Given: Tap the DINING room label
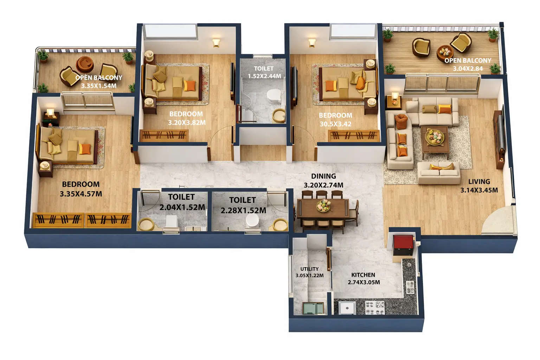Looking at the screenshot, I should click(x=323, y=176).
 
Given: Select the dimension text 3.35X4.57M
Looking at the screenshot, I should click(x=81, y=194).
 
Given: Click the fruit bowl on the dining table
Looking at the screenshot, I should click(x=323, y=205).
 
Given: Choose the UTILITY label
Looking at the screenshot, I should click(x=309, y=269).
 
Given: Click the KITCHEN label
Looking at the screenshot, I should click(x=363, y=275).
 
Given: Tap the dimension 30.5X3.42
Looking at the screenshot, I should click(x=335, y=124).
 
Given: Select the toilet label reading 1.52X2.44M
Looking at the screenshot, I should click(x=264, y=76).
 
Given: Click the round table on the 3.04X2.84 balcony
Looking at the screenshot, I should click(x=445, y=52).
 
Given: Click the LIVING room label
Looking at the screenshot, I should click(x=479, y=182).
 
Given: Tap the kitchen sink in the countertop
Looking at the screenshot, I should click(x=410, y=287).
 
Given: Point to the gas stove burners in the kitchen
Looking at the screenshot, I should click(x=375, y=308).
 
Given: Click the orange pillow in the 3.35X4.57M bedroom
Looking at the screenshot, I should click(x=85, y=149).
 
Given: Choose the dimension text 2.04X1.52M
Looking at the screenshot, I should click(x=182, y=207).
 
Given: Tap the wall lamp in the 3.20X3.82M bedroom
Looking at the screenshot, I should click(x=216, y=43).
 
